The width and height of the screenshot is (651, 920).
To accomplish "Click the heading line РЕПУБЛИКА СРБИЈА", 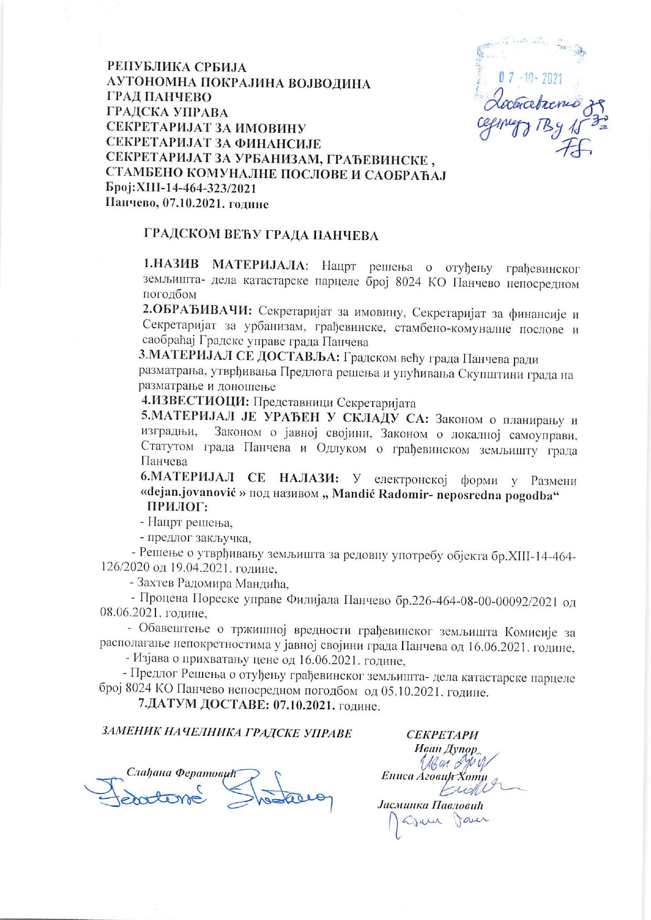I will click(176, 68).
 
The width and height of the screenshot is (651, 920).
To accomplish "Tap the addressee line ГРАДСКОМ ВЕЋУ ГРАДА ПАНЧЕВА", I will click(261, 235).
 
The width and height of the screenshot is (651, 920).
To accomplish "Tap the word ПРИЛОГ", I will click(176, 507).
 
